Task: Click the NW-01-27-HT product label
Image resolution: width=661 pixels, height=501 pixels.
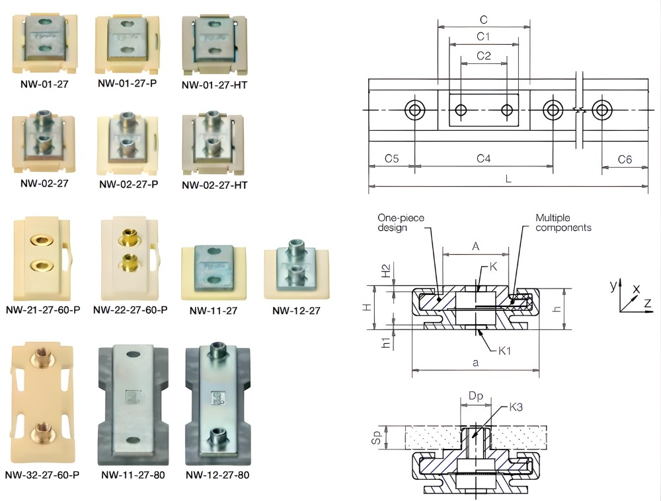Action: pyautogui.click(x=214, y=84)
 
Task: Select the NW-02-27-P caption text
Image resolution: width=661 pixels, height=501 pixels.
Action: pyautogui.click(x=128, y=184)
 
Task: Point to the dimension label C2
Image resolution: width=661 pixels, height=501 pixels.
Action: pyautogui.click(x=484, y=56)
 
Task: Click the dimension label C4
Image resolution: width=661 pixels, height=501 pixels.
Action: pyautogui.click(x=484, y=159)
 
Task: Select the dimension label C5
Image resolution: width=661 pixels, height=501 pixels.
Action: pyautogui.click(x=391, y=159)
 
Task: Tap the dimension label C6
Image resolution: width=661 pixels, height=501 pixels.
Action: pyautogui.click(x=625, y=159)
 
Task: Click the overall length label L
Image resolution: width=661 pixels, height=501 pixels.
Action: pyautogui.click(x=507, y=179)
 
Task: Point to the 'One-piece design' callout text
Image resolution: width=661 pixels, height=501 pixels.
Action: pyautogui.click(x=401, y=222)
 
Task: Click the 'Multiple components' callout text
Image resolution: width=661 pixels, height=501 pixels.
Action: pyautogui.click(x=563, y=222)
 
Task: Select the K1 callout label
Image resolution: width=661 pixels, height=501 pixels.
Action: pyautogui.click(x=504, y=351)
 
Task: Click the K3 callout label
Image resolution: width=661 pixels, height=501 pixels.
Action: pyautogui.click(x=516, y=407)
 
